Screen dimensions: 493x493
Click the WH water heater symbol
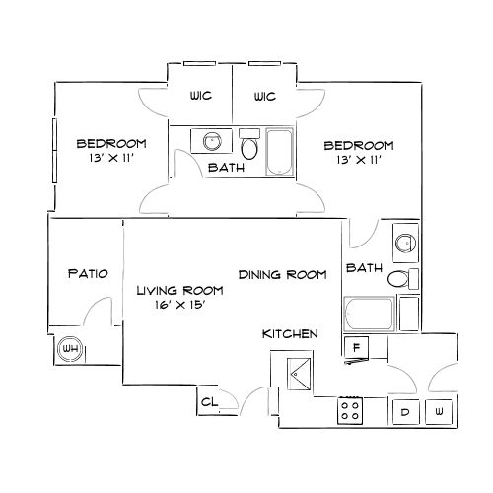71,348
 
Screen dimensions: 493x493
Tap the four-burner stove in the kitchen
350,410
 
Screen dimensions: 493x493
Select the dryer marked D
406,412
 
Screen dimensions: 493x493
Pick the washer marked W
439,411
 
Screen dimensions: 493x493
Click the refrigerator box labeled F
356,347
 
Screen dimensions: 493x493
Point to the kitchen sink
299,374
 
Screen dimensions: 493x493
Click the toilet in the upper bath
249,144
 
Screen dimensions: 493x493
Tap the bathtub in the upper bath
279,152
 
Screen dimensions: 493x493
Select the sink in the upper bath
212,141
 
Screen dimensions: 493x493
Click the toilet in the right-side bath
403,279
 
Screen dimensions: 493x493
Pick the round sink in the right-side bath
405,244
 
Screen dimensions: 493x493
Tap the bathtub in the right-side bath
369,314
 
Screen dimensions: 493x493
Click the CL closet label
209,401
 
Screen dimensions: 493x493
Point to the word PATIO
88,273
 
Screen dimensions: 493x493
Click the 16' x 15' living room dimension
179,305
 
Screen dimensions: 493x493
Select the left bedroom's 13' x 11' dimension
111,158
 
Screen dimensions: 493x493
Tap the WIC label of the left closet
201,96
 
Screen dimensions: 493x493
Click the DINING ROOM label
283,275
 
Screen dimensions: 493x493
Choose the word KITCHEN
290,334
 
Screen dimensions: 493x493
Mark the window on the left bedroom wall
54,151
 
